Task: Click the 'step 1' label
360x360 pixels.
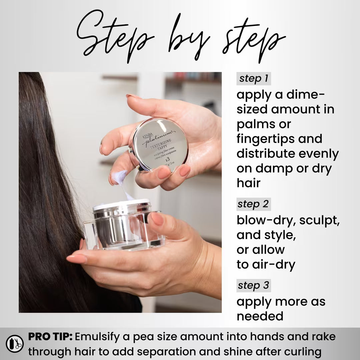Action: pos(254,79)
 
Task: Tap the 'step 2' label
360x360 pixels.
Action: pos(254,204)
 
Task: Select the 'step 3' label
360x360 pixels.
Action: pos(254,286)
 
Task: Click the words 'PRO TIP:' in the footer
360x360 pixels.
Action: pos(50,336)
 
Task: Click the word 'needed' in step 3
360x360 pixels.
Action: pos(260,316)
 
